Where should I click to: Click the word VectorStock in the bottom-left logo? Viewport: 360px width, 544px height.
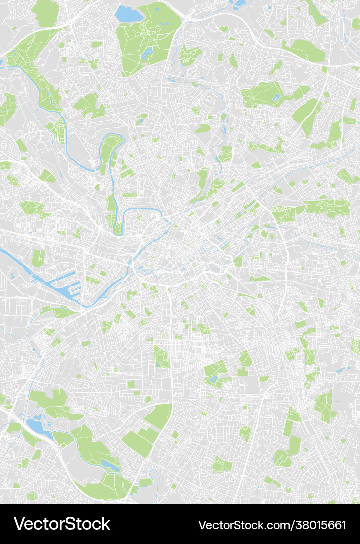tap(61, 524)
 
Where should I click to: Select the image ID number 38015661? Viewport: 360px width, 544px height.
tap(320, 525)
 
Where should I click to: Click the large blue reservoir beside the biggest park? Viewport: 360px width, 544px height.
tap(129, 14)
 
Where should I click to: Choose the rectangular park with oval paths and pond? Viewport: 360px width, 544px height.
tap(161, 356)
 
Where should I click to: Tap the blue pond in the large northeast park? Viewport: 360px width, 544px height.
tap(276, 97)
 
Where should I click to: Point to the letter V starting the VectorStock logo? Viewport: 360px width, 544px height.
tap(19, 524)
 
